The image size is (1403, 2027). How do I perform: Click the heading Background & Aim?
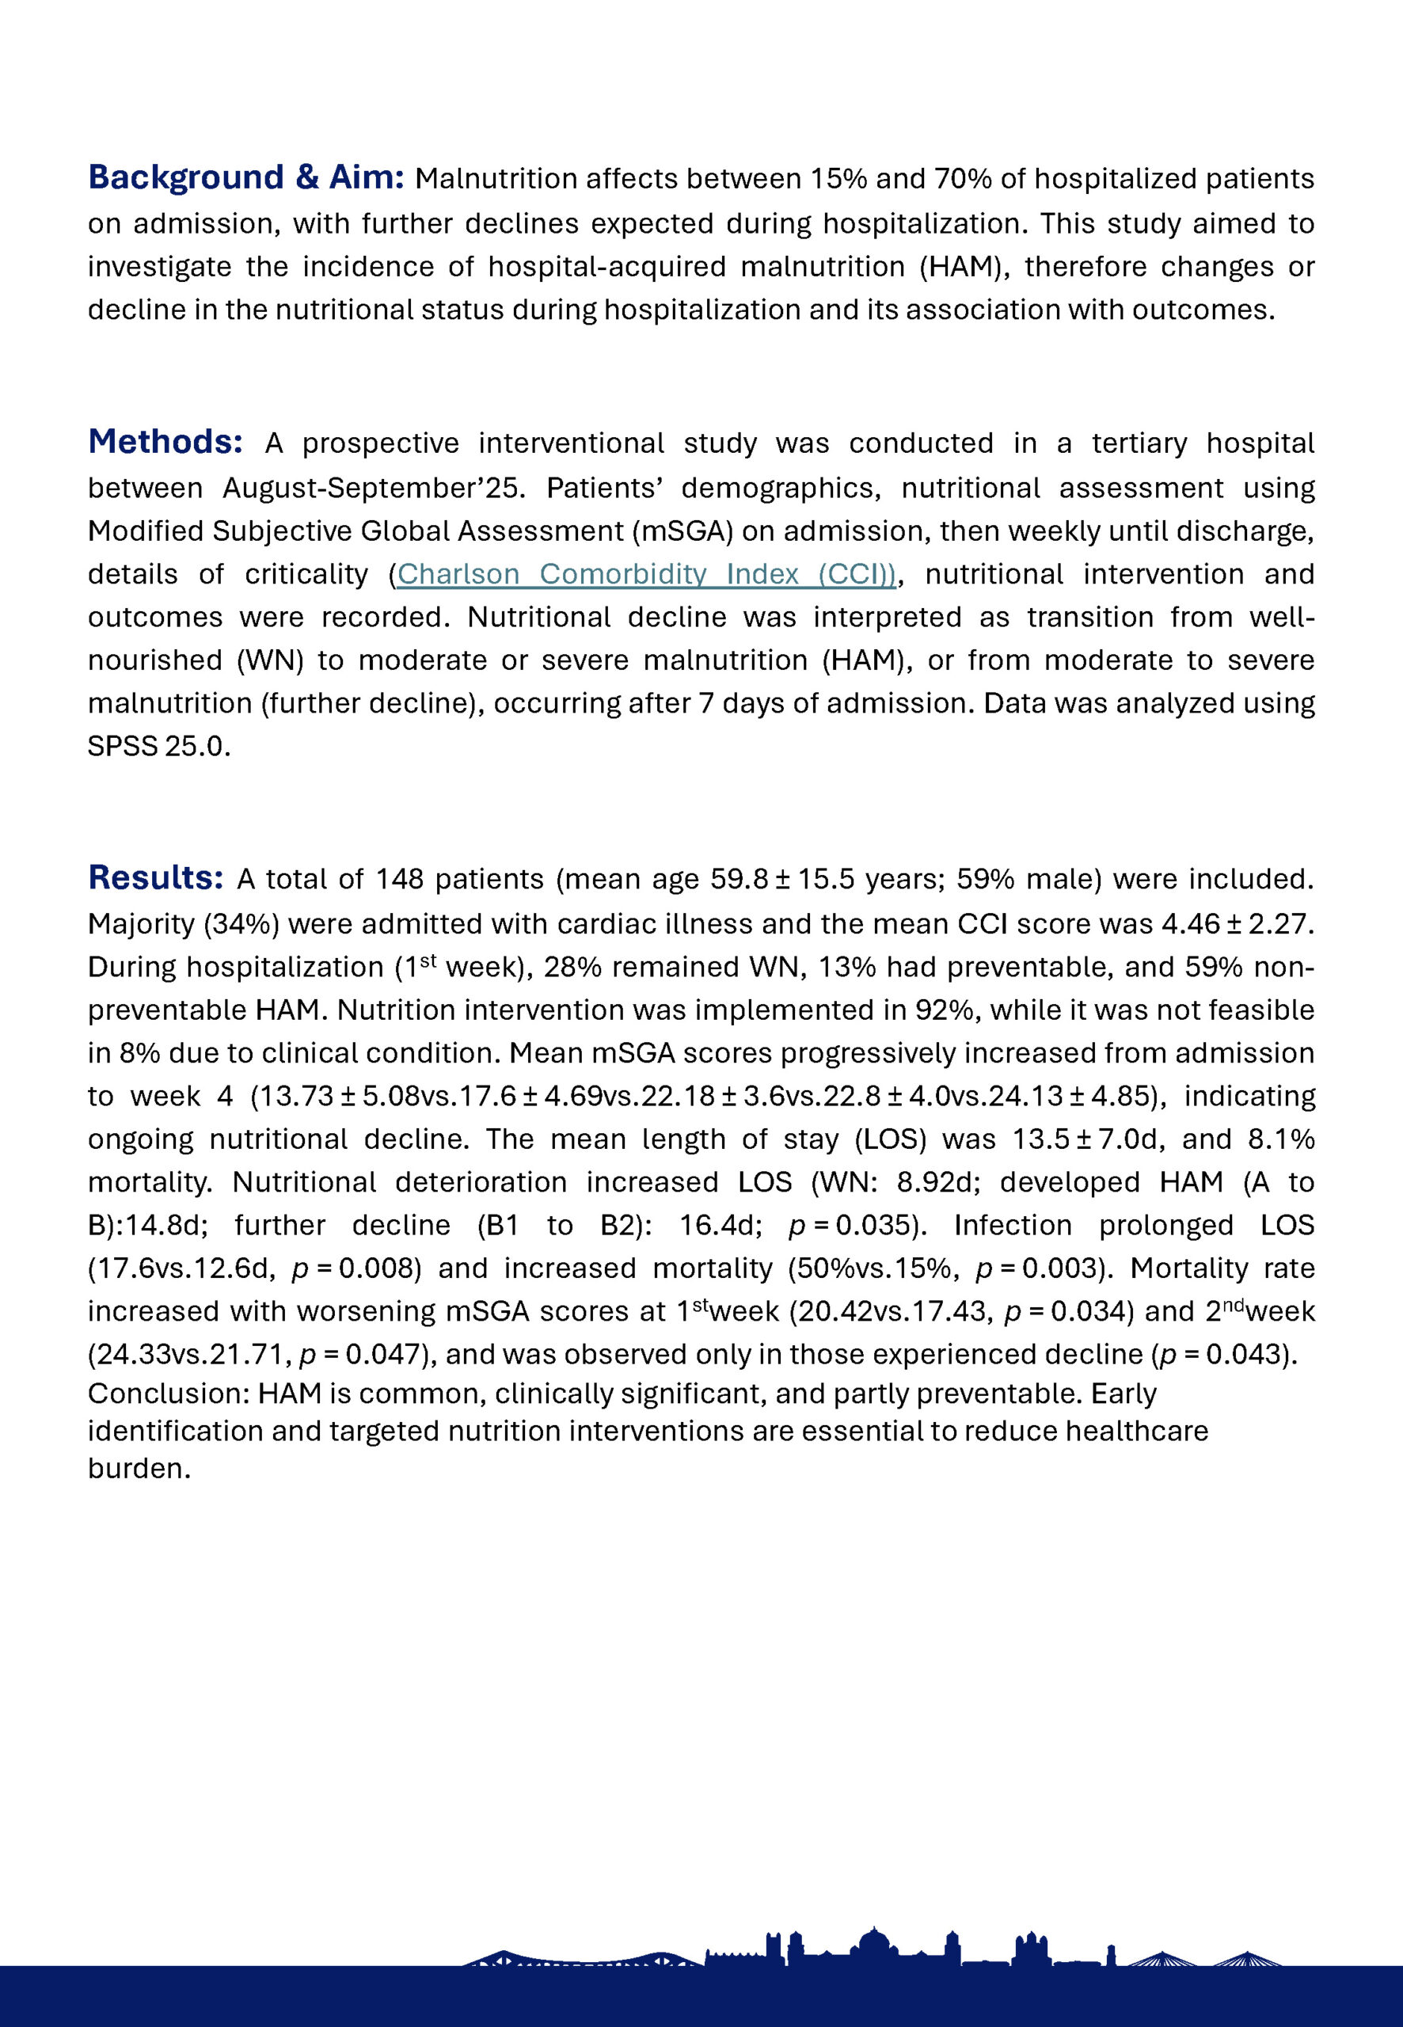245,177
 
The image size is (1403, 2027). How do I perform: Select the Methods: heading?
165,441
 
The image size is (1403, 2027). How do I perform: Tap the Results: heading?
156,877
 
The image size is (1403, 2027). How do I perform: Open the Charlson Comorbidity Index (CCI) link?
646,574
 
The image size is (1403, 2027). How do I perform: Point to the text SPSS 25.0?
158,747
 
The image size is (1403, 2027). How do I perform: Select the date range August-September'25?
374,488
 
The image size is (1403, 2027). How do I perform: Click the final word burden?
138,1469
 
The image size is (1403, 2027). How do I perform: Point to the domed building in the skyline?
873,1941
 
